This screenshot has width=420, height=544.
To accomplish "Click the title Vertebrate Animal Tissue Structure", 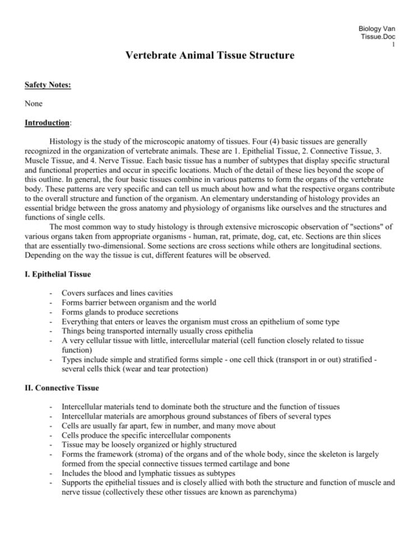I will point(210,56).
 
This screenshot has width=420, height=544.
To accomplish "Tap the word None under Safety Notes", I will point(34,104).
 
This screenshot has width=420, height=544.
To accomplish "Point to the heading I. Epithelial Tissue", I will point(54,275).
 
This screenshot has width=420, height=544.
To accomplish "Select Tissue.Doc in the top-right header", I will point(379,36).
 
